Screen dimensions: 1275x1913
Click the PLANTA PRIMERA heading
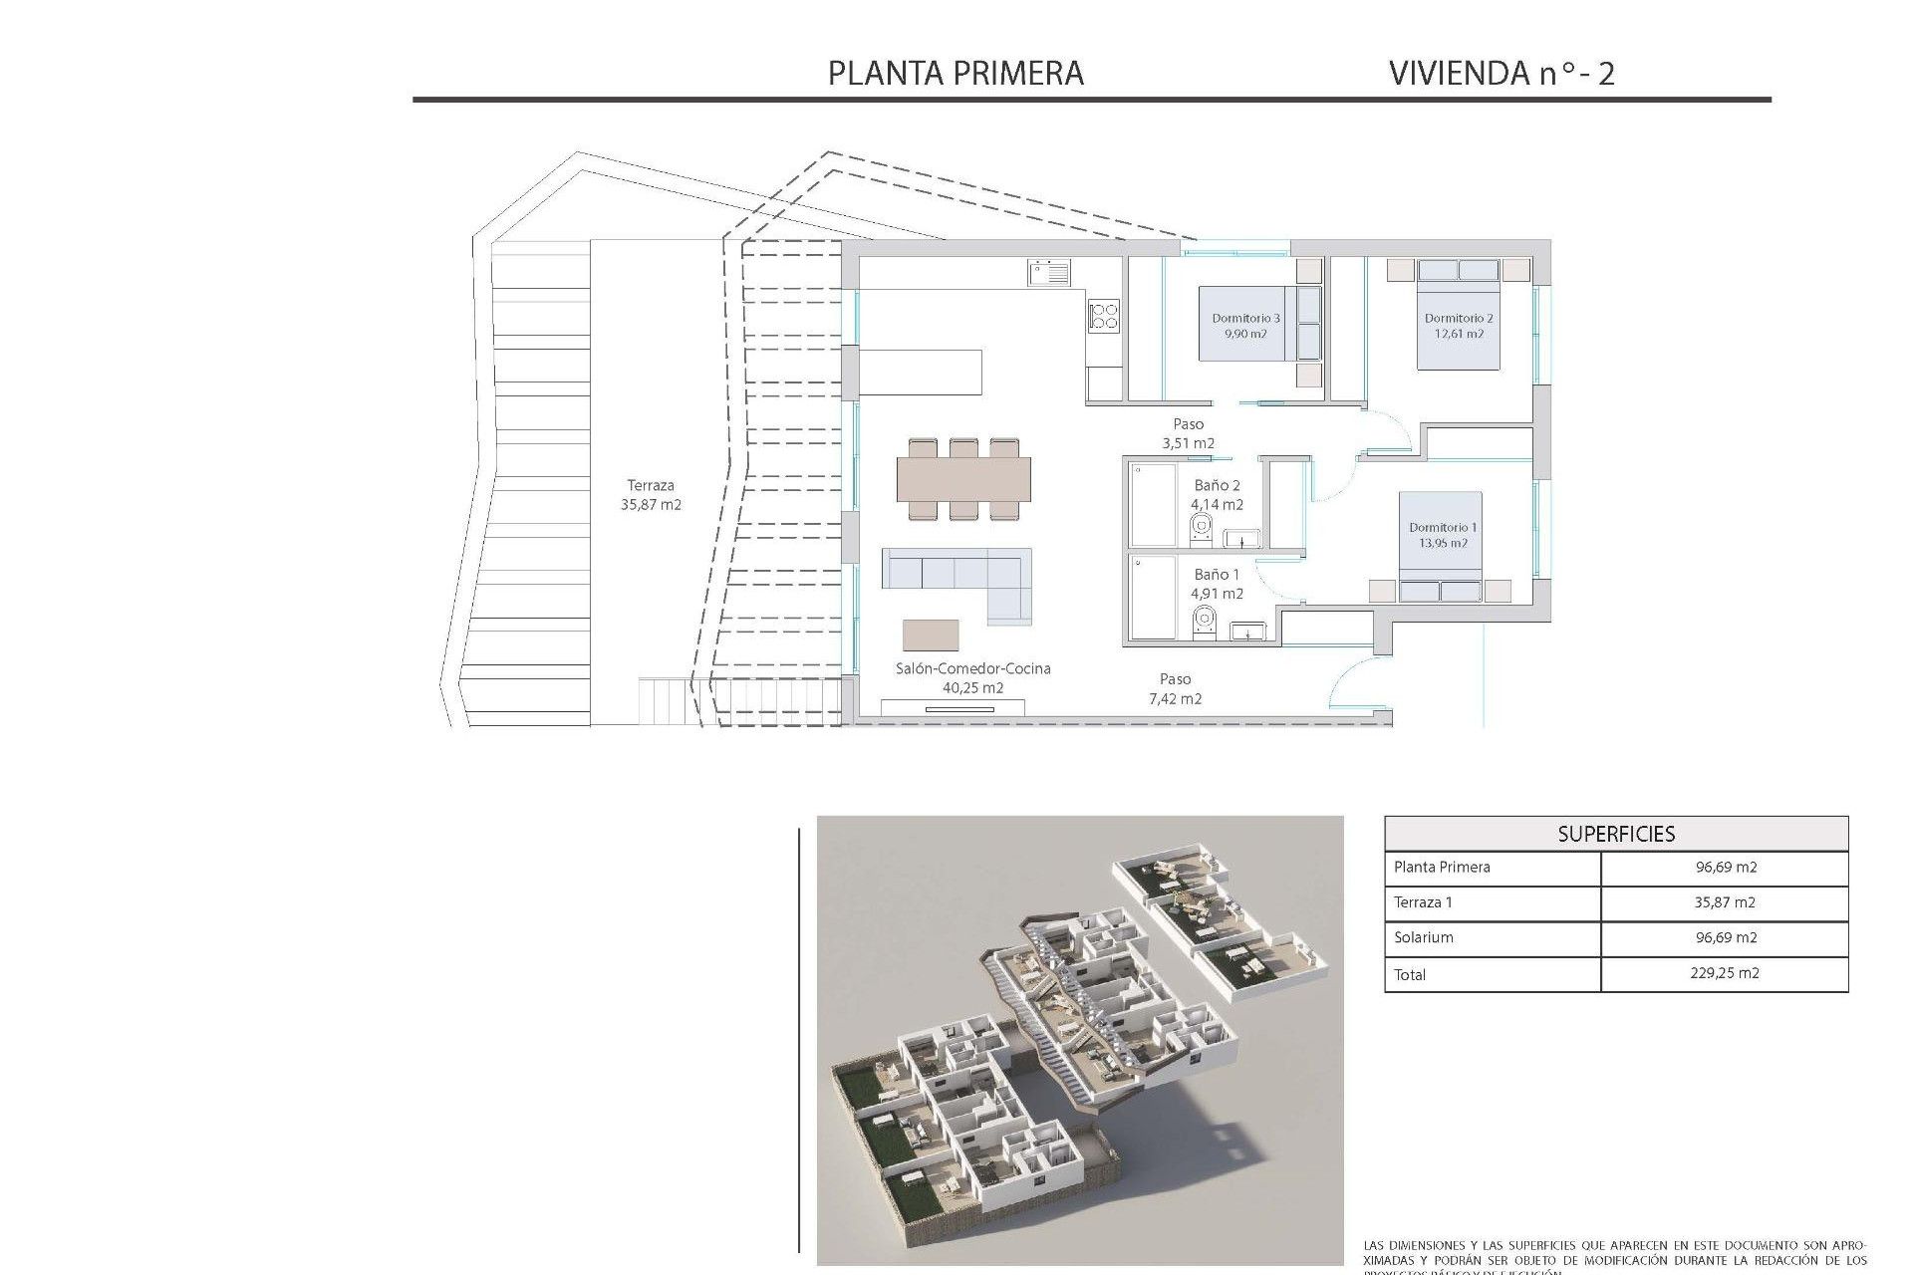[x=956, y=74]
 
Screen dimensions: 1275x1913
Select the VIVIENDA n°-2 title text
[x=1501, y=74]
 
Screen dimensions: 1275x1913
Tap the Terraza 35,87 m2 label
[x=651, y=495]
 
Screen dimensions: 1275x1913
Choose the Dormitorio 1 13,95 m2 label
[x=1443, y=535]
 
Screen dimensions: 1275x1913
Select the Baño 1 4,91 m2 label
[x=1217, y=584]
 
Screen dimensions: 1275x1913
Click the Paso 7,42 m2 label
[x=1175, y=688]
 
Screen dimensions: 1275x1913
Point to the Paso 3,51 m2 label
[x=1188, y=433]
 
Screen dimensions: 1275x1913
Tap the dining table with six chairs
[x=963, y=479]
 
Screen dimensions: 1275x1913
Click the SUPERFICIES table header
[x=1616, y=834]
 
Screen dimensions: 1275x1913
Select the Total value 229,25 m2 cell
[x=1724, y=973]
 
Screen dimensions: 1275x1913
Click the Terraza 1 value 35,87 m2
[x=1724, y=902]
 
